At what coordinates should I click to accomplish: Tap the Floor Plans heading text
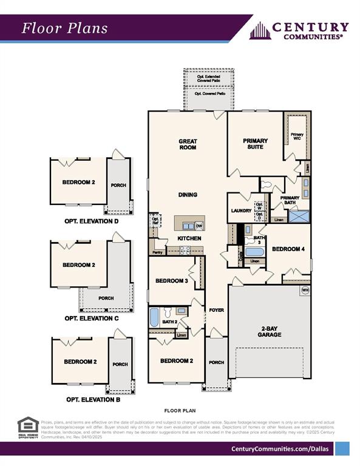click(x=65, y=28)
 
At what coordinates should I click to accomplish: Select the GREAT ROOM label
click(x=188, y=144)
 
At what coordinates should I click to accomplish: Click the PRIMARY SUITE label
click(x=255, y=144)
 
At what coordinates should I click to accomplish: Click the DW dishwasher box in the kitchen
click(x=199, y=226)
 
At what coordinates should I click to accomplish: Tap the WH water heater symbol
click(x=305, y=291)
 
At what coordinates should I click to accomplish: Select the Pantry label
click(x=157, y=252)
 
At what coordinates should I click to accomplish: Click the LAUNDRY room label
click(x=241, y=211)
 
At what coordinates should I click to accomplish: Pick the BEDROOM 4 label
click(x=289, y=249)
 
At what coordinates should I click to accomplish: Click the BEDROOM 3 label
click(x=171, y=281)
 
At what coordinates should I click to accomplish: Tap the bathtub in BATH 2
click(x=154, y=317)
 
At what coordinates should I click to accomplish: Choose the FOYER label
click(x=217, y=310)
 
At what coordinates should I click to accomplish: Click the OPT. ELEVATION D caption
click(x=91, y=221)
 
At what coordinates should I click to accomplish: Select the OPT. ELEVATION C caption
click(x=91, y=318)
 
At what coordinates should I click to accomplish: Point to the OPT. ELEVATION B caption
click(x=92, y=400)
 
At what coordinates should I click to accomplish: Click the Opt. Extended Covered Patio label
click(x=208, y=79)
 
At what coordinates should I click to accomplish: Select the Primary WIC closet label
click(x=297, y=137)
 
